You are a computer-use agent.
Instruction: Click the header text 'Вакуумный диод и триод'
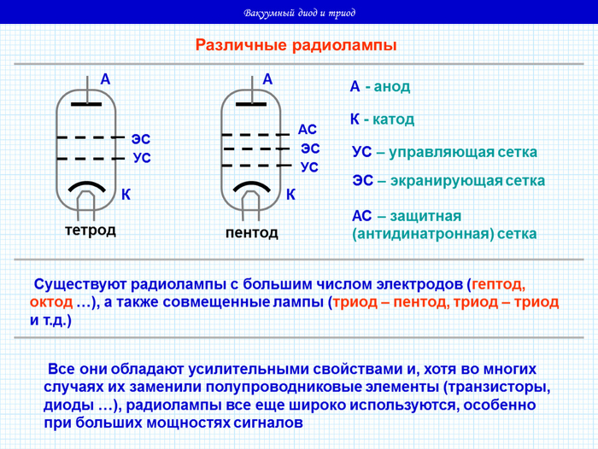tap(299, 13)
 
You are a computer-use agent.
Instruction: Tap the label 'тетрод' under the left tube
tap(90, 230)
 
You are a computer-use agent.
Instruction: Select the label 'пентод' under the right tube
tap(252, 232)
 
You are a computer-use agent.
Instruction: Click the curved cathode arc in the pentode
tap(253, 186)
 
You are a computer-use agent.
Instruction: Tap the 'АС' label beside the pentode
tap(308, 129)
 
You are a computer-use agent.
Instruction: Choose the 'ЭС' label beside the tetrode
tap(141, 138)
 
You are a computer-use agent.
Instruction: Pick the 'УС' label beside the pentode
tap(309, 167)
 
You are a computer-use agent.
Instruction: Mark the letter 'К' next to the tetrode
tap(126, 195)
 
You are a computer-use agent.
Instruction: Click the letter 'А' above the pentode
tap(267, 79)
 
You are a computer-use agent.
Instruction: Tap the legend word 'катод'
tap(393, 119)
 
